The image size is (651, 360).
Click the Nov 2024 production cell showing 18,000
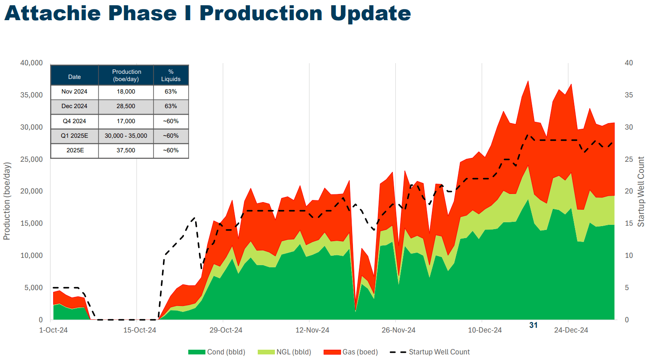pyautogui.click(x=126, y=92)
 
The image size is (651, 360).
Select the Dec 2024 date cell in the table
pyautogui.click(x=74, y=106)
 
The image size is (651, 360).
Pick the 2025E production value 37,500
pyautogui.click(x=126, y=151)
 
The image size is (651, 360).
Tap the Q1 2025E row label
pyautogui.click(x=74, y=136)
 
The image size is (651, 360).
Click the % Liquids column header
pyautogui.click(x=171, y=76)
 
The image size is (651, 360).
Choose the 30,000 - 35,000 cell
pyautogui.click(x=126, y=136)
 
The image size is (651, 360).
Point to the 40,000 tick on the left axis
pyautogui.click(x=31, y=63)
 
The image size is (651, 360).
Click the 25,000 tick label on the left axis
pyautogui.click(x=31, y=160)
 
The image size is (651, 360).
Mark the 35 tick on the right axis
pyautogui.click(x=629, y=95)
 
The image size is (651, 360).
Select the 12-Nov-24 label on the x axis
pyautogui.click(x=312, y=330)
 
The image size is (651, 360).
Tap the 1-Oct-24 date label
pyautogui.click(x=53, y=330)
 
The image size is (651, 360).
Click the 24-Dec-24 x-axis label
pyautogui.click(x=571, y=330)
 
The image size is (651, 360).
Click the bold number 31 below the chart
pyautogui.click(x=533, y=325)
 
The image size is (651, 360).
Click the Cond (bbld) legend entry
pyautogui.click(x=217, y=352)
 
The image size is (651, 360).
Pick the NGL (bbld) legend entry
pyautogui.click(x=285, y=352)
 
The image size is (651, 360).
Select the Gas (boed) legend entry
pyautogui.click(x=351, y=352)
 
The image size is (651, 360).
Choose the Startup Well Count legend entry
pyautogui.click(x=430, y=352)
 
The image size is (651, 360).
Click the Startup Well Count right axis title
pyautogui.click(x=641, y=192)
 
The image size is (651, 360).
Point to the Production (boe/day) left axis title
pyautogui.click(x=7, y=201)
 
